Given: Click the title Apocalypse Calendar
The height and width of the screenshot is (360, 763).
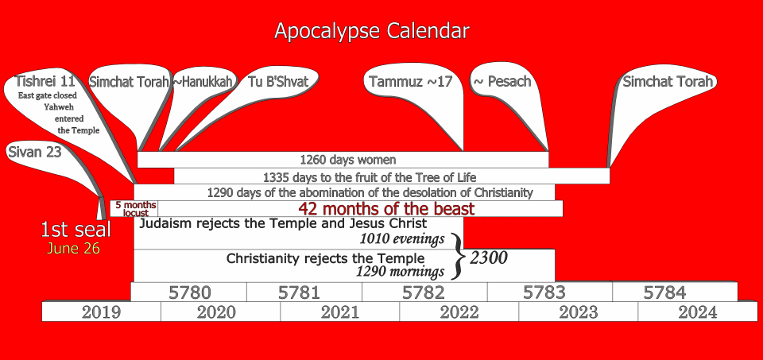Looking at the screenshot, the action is [372, 31].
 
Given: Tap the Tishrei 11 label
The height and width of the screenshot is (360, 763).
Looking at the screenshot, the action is [42, 80].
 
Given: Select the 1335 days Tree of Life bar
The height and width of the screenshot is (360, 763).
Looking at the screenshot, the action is [392, 176].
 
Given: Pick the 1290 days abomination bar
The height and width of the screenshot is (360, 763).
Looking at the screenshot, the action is [344, 192].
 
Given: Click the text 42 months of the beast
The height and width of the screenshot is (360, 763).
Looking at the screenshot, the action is [386, 209].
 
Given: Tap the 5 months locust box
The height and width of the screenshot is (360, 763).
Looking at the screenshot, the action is [134, 208].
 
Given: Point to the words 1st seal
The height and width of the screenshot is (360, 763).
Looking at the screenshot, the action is [76, 230].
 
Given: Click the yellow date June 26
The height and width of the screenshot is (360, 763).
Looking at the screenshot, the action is [73, 249].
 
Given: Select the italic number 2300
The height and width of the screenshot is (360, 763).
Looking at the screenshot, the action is [488, 257].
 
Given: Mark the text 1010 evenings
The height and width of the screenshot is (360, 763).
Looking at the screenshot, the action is [402, 239].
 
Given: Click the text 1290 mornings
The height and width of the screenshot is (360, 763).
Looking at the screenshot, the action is [400, 272].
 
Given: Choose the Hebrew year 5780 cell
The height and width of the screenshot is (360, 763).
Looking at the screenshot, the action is [189, 292].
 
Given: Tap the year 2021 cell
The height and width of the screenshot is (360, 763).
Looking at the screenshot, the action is [339, 312].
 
